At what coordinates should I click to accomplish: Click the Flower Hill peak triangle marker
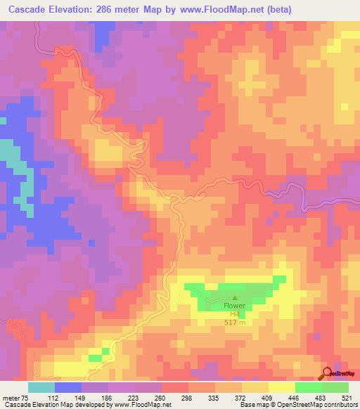(235, 298)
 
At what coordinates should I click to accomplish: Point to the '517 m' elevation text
(235, 323)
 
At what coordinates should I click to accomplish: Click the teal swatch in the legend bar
(41, 387)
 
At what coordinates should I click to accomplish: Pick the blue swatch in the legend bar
(68, 387)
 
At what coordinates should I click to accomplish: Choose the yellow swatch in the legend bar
(281, 387)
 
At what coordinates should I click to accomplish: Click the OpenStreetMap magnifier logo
(326, 374)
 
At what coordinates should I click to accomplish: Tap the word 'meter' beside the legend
(11, 398)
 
